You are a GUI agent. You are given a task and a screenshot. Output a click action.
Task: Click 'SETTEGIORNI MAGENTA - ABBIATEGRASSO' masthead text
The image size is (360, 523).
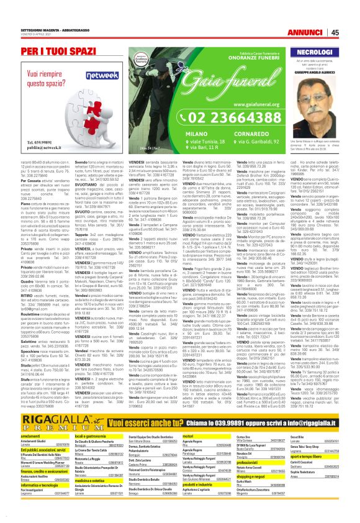(x=51, y=29)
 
